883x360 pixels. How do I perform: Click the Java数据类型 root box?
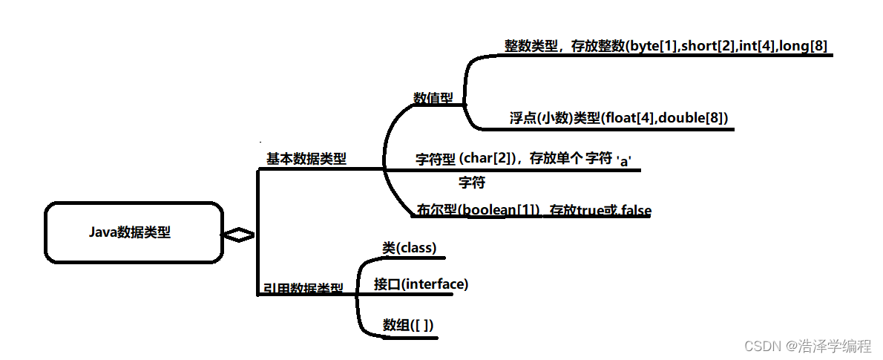click(x=134, y=232)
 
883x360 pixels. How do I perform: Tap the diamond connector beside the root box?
click(x=238, y=235)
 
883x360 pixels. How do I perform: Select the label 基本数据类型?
click(x=306, y=159)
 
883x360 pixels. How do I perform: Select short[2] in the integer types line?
click(x=706, y=46)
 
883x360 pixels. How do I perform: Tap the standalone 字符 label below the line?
click(x=472, y=182)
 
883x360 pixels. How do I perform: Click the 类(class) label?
click(x=410, y=248)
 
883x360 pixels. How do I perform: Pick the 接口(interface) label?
click(x=421, y=284)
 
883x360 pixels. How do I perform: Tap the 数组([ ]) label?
click(x=408, y=324)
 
